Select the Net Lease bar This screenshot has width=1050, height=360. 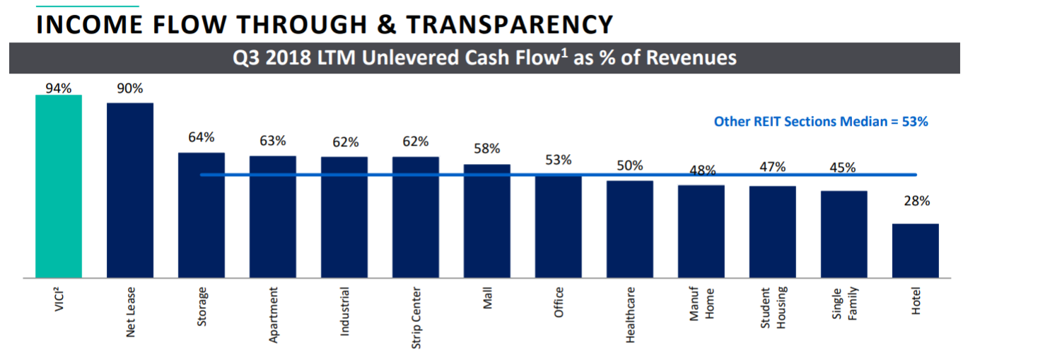(x=130, y=190)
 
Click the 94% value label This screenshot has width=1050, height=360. (x=59, y=88)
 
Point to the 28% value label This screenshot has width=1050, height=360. (x=916, y=202)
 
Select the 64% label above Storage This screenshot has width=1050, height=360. (x=202, y=137)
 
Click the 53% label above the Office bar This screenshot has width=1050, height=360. (x=559, y=160)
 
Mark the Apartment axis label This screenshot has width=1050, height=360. (x=273, y=315)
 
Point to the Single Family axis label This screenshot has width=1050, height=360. (x=844, y=304)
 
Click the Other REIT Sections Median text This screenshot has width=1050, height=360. (x=820, y=122)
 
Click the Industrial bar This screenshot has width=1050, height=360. (x=344, y=217)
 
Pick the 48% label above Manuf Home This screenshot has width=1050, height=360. (x=701, y=170)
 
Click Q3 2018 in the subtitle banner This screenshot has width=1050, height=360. (x=265, y=58)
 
